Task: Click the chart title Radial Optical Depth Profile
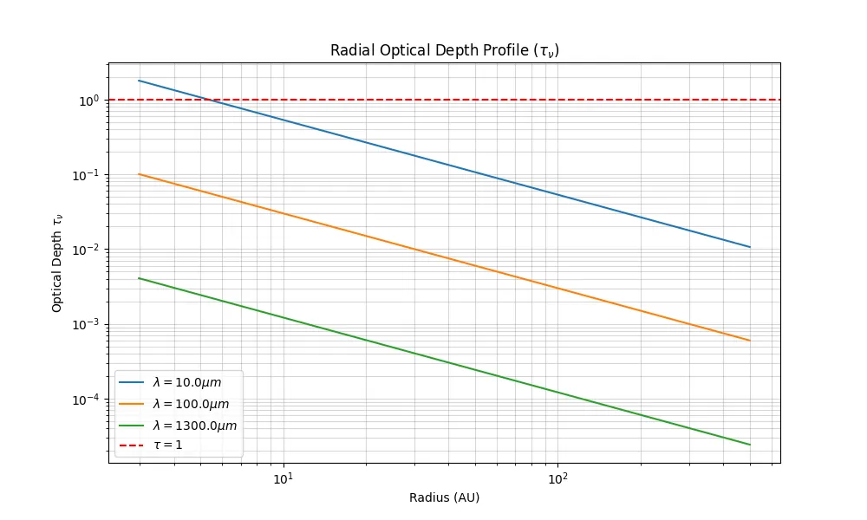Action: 444,50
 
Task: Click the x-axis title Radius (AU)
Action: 444,498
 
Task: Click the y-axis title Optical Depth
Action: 57,263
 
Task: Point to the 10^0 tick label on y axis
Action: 90,101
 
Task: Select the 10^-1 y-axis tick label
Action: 88,175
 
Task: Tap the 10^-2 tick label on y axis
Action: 88,250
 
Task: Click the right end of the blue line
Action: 750,247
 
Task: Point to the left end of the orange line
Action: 139,174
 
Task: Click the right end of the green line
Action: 750,445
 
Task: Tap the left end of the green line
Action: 139,278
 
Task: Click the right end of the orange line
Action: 750,341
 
